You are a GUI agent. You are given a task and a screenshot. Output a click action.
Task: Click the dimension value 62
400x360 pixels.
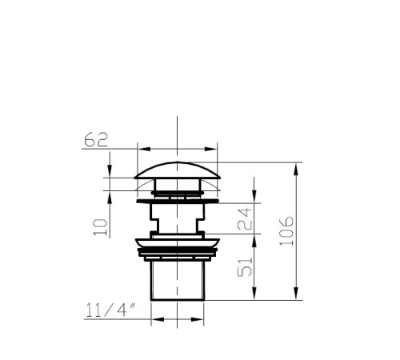pyautogui.click(x=96, y=139)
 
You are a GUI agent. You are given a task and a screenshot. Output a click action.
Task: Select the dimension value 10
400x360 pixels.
pyautogui.click(x=101, y=227)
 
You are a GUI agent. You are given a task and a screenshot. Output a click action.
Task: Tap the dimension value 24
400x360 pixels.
pyautogui.click(x=245, y=219)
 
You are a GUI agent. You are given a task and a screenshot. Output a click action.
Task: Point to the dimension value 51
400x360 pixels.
pyautogui.click(x=245, y=266)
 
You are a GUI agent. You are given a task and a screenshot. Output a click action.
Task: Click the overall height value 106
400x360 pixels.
pyautogui.click(x=286, y=231)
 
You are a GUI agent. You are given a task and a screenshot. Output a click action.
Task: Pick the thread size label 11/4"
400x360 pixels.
pyautogui.click(x=110, y=310)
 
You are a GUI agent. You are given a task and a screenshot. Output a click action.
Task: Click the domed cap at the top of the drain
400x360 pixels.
pyautogui.click(x=178, y=170)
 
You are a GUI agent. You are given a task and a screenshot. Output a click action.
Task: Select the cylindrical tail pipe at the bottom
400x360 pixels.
pyautogui.click(x=178, y=281)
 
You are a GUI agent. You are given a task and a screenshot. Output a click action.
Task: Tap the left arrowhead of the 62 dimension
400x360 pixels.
pyautogui.click(x=145, y=149)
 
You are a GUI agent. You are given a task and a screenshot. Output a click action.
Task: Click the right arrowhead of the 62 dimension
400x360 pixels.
pyautogui.click(x=210, y=149)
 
